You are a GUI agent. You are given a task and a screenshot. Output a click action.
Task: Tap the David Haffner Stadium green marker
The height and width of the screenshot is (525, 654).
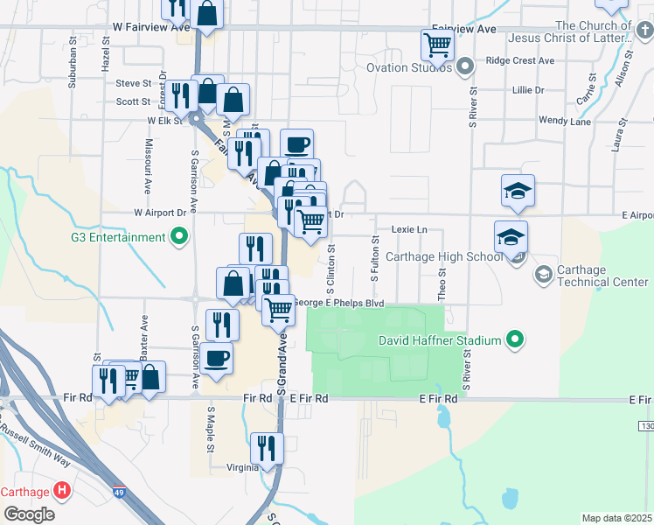(516, 339)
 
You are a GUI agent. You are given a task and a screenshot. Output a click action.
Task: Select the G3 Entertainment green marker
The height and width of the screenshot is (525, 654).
(179, 236)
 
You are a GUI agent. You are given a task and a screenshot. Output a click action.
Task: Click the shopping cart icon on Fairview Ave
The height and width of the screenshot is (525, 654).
(436, 44)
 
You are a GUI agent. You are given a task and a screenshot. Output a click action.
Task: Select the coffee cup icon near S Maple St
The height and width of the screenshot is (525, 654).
(216, 357)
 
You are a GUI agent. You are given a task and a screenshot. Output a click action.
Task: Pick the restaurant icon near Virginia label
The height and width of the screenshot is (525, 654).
(267, 448)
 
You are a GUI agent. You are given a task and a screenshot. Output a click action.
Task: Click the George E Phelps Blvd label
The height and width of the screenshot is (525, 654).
(337, 303)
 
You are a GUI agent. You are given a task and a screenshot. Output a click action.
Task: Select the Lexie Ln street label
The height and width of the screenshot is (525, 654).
(408, 229)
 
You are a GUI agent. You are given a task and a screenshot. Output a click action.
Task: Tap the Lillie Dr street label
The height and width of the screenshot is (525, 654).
(529, 90)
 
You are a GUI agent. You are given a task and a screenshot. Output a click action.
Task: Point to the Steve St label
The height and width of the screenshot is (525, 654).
(133, 84)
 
